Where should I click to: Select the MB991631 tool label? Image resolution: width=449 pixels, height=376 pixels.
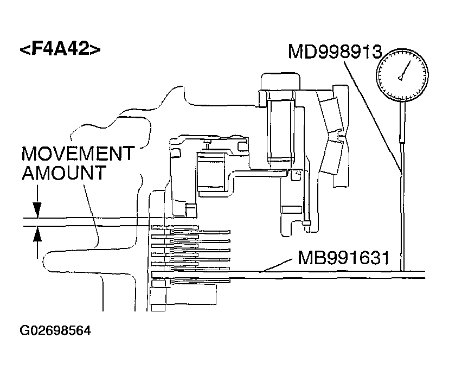click(343, 257)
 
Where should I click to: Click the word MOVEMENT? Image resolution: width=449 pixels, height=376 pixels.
click(78, 154)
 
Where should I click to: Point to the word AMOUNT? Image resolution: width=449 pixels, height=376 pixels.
click(63, 174)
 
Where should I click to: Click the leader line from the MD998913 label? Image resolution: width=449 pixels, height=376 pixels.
click(374, 114)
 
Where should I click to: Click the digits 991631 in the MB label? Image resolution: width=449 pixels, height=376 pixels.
click(356, 257)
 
